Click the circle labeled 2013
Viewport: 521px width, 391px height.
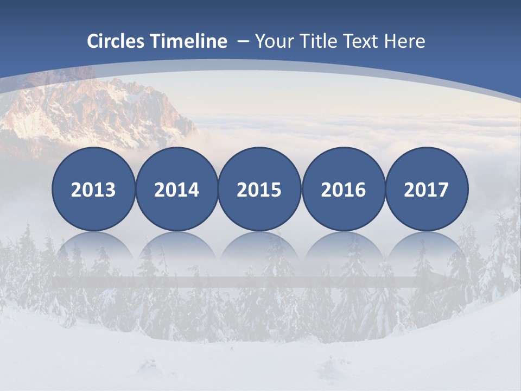click(93, 189)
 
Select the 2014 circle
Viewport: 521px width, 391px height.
click(176, 189)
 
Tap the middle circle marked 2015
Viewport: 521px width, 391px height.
click(259, 189)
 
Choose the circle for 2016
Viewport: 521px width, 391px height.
click(343, 189)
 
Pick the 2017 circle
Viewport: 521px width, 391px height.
click(427, 189)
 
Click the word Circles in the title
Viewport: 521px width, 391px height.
click(116, 41)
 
